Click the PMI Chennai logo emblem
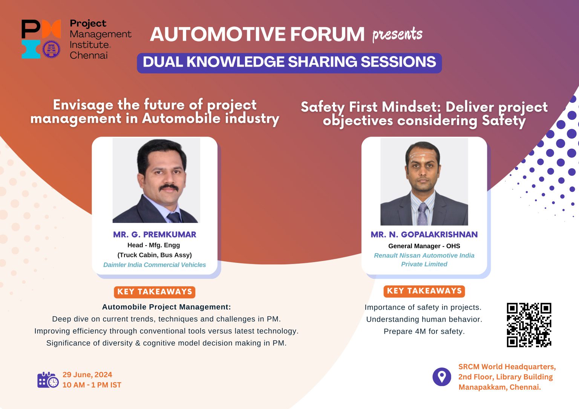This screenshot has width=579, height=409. pos(41,39)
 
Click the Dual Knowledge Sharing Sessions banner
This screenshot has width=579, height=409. pos(289,62)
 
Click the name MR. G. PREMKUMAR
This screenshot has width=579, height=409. pos(155,235)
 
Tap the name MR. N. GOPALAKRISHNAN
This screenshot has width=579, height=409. pos(424,235)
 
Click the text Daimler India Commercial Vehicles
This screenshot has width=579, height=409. pos(155,265)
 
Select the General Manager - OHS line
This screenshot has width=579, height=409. pos(424,246)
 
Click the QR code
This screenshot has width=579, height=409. pos(529,325)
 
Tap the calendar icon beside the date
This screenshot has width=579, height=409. pos(47,380)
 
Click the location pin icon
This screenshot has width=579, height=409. pos(441,377)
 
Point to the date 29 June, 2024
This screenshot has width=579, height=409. pos(87,375)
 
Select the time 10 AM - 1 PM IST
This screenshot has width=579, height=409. pos(92,385)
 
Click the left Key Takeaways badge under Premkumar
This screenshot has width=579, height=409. pos(155,292)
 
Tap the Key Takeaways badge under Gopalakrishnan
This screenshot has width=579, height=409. pos(424,291)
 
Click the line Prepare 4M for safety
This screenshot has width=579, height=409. pos(424,331)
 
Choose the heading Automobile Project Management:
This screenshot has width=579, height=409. pos(166,307)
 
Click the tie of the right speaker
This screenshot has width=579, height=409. pos(423,213)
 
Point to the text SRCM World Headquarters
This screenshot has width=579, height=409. pos(507,367)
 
